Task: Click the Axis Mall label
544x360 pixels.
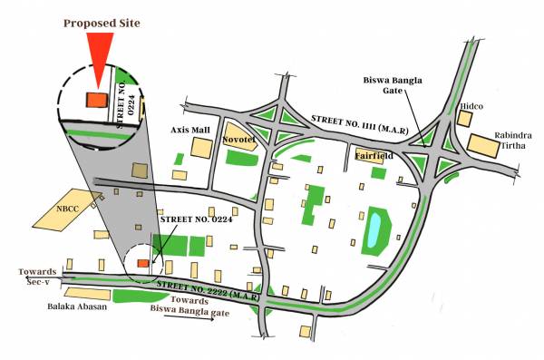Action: point(190,130)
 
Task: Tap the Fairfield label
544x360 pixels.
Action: point(373,155)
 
